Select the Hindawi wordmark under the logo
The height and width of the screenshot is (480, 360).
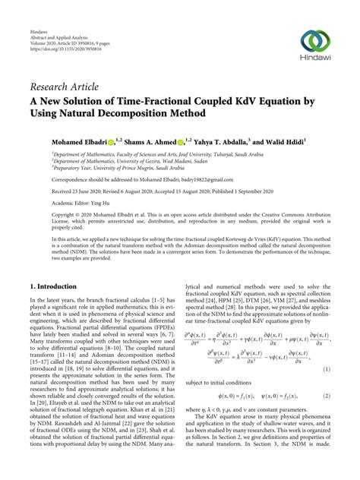tap(315, 60)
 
